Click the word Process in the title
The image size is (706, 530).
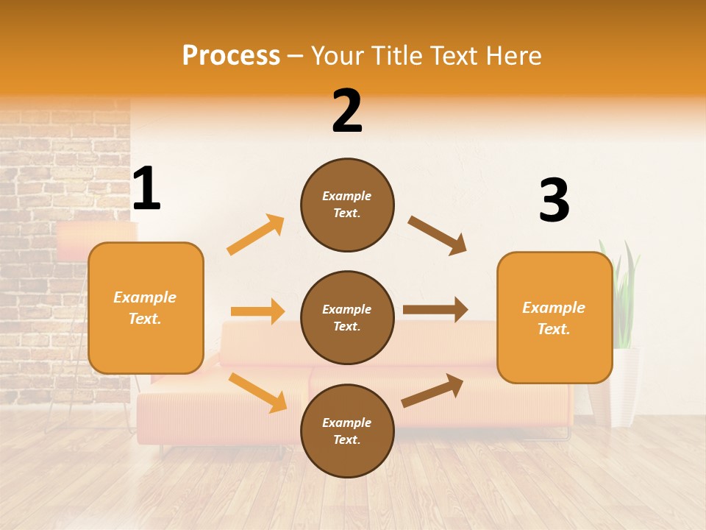pos(231,56)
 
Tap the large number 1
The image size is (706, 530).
pos(146,189)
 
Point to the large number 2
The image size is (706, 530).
pos(347,111)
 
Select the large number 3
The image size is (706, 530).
pos(554,200)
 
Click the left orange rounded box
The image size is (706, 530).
pos(146,308)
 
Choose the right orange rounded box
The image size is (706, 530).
pos(555,317)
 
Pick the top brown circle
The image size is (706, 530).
pos(347,205)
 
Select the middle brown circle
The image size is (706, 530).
pos(347,317)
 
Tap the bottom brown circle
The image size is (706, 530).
pos(347,431)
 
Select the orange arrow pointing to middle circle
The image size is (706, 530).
pos(257,311)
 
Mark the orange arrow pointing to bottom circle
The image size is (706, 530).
pos(257,392)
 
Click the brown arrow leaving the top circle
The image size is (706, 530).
pos(438,236)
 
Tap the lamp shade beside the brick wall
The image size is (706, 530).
pos(96,241)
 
